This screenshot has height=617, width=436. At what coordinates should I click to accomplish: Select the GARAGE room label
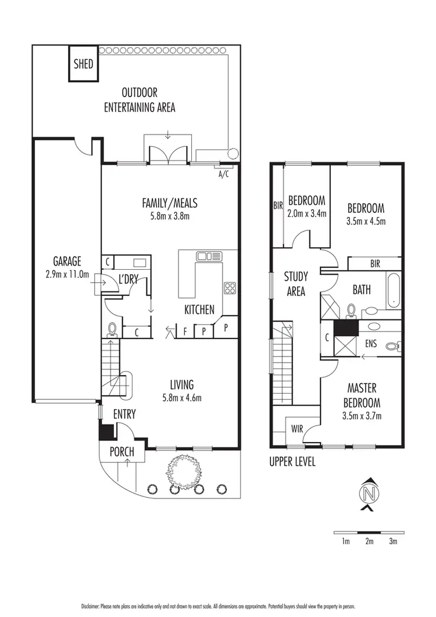(67, 262)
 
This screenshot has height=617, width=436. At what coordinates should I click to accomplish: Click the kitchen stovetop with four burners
(230, 288)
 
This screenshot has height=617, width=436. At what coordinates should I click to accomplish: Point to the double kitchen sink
(206, 256)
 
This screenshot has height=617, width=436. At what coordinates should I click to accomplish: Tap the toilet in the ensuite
(394, 345)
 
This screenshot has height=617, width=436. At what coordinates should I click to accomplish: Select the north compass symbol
(366, 495)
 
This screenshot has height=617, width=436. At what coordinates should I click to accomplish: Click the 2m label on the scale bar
(369, 542)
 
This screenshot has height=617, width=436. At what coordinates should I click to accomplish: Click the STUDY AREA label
(296, 284)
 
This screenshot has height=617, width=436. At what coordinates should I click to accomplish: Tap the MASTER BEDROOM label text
(364, 395)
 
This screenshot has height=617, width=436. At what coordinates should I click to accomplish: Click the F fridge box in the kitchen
(185, 331)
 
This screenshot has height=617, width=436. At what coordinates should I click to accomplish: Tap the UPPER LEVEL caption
(292, 463)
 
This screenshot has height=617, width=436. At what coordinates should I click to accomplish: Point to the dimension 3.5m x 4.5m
(366, 221)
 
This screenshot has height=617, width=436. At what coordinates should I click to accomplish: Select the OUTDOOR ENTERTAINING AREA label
(140, 99)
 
